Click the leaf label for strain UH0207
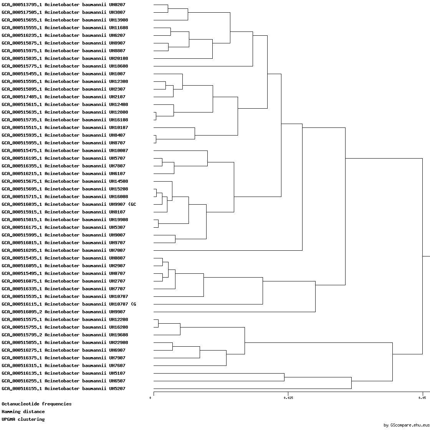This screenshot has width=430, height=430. tap(64, 5)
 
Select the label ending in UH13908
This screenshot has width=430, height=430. tap(65, 20)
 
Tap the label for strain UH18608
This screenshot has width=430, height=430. tap(65, 66)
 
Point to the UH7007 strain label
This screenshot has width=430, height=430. tap(64, 250)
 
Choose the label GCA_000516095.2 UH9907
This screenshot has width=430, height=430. tap(64, 312)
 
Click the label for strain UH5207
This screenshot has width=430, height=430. tap(64, 389)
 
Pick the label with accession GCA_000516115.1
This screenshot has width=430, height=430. tap(69, 304)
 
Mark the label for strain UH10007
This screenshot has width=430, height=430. tap(65, 150)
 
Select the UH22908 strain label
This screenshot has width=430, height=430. tap(65, 342)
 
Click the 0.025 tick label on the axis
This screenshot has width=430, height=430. tap(288, 398)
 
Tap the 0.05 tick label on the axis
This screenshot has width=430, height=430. tap(422, 398)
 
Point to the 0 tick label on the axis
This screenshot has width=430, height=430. tap(150, 398)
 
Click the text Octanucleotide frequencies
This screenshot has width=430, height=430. tap(36, 404)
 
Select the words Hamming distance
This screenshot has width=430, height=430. tap(23, 412)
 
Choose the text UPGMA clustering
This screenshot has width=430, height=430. tap(23, 419)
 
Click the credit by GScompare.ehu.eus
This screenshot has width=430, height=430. tap(407, 425)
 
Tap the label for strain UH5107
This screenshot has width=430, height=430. tap(64, 373)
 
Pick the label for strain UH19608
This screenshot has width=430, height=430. tap(65, 335)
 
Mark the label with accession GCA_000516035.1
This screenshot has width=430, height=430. tap(69, 204)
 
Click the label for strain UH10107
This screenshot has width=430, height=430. tap(65, 127)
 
